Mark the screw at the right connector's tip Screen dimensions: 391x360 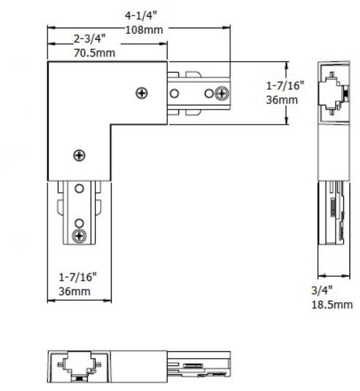[x=222, y=93]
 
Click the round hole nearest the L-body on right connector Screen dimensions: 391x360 [x=174, y=93]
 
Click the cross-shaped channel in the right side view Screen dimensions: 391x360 [x=332, y=93]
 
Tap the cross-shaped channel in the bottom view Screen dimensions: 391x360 [x=79, y=363]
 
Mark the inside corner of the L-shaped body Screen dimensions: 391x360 [x=111, y=125]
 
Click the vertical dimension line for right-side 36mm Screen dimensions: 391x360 [x=286, y=93]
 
